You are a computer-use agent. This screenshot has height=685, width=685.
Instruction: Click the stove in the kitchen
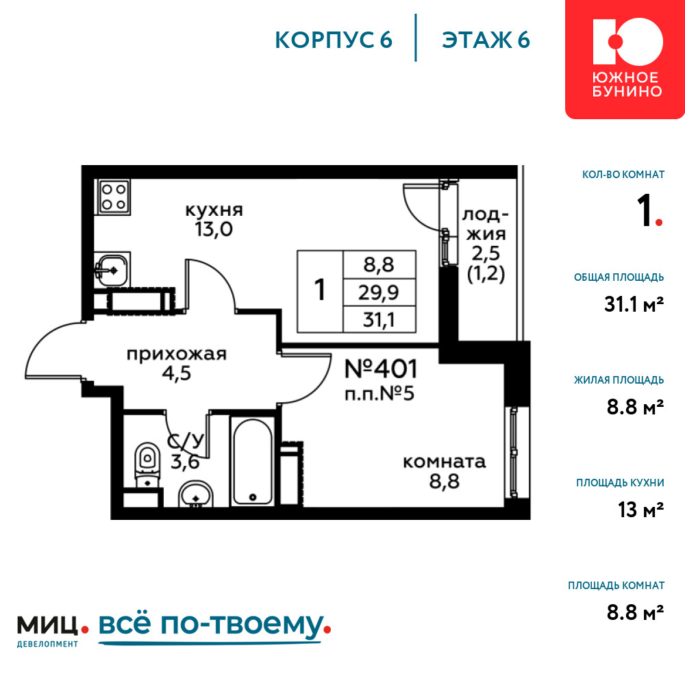pyautogui.click(x=114, y=197)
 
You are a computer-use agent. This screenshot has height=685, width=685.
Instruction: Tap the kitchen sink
pyautogui.click(x=112, y=269)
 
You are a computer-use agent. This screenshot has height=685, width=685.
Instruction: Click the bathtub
pyautogui.click(x=253, y=461)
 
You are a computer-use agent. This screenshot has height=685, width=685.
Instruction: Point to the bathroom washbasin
pyautogui.click(x=196, y=495)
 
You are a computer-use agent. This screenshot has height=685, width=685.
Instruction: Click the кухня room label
pyautogui.click(x=214, y=210)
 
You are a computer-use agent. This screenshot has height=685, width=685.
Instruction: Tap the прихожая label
pyautogui.click(x=177, y=354)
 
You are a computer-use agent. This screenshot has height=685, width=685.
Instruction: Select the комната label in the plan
pyautogui.click(x=444, y=462)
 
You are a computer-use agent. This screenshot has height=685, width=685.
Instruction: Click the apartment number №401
pyautogui.click(x=381, y=369)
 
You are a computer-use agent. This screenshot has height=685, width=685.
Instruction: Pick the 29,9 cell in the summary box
pyautogui.click(x=379, y=292)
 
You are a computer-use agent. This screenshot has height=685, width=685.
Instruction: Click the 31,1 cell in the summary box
pyautogui.click(x=379, y=320)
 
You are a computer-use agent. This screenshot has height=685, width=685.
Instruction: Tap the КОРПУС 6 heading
pyautogui.click(x=334, y=40)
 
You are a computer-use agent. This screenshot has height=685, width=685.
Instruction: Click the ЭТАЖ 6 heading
pyautogui.click(x=486, y=40)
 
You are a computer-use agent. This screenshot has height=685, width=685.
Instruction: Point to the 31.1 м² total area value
pyautogui.click(x=634, y=304)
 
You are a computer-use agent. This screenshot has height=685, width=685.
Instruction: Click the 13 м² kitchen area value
pyautogui.click(x=641, y=510)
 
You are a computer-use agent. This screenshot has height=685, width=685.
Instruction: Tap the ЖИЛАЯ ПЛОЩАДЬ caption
pyautogui.click(x=619, y=379)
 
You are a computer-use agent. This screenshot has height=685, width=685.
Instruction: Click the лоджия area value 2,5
pyautogui.click(x=486, y=253)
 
